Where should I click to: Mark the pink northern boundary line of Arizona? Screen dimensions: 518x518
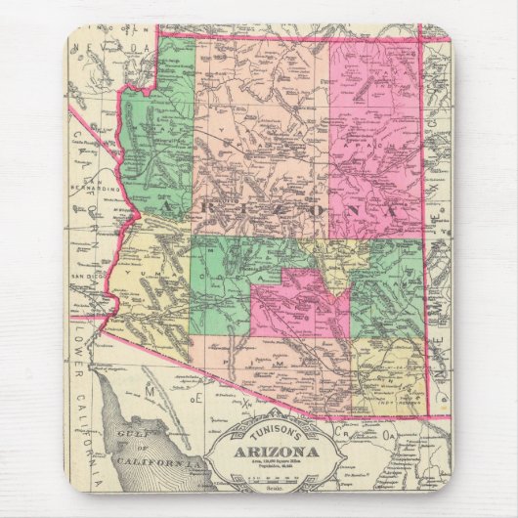[293, 38]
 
